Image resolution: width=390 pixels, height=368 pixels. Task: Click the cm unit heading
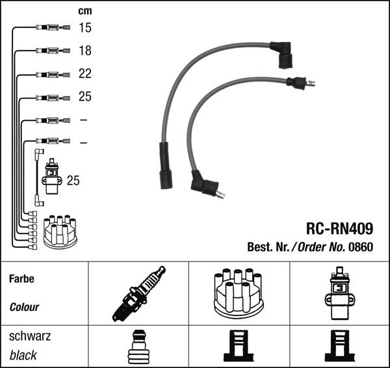(x=85, y=10)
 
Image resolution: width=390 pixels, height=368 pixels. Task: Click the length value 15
(x=85, y=27)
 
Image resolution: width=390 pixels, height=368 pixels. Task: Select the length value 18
(x=85, y=51)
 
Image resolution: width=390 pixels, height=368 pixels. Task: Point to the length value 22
(x=85, y=74)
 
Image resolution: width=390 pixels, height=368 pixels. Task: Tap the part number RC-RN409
(x=339, y=228)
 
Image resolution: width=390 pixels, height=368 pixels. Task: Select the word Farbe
(x=21, y=278)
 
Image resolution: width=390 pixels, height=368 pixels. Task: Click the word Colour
(x=24, y=307)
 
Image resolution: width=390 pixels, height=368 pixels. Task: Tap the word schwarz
(x=29, y=336)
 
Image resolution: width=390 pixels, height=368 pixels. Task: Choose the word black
(x=23, y=355)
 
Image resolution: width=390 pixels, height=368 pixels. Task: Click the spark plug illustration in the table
(x=138, y=294)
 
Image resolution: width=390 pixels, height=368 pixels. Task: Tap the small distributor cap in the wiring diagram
(x=60, y=231)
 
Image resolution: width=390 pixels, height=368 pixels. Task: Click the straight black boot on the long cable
(x=166, y=166)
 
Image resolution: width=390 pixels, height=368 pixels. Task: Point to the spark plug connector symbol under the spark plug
(x=137, y=347)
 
